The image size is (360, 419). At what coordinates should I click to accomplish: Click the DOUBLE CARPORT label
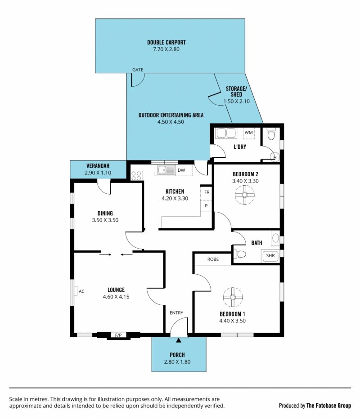pyautogui.click(x=166, y=42)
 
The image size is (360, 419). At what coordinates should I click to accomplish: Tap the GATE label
pyautogui.click(x=138, y=70)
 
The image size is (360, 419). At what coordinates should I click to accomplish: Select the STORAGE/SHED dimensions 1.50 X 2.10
pyautogui.click(x=236, y=101)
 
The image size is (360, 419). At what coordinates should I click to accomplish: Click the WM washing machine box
pyautogui.click(x=248, y=133)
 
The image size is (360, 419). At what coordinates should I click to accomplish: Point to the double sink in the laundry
pyautogui.click(x=226, y=133)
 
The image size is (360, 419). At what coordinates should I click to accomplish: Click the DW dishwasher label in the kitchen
pyautogui.click(x=181, y=170)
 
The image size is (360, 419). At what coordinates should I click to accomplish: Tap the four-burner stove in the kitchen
pyautogui.click(x=136, y=176)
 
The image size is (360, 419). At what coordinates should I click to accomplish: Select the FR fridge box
pyautogui.click(x=206, y=192)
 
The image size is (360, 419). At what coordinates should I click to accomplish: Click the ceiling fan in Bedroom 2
pyautogui.click(x=244, y=195)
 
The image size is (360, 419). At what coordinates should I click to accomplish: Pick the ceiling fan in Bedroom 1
pyautogui.click(x=233, y=297)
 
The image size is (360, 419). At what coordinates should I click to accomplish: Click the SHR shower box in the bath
pyautogui.click(x=270, y=256)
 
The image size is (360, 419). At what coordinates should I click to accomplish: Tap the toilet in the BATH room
pyautogui.click(x=240, y=254)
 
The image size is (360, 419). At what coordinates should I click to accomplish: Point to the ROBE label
pyautogui.click(x=213, y=259)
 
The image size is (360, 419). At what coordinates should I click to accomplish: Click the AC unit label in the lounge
pyautogui.click(x=81, y=291)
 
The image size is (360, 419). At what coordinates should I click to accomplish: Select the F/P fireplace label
pyautogui.click(x=118, y=335)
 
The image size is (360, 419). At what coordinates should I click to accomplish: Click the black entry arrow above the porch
pyautogui.click(x=178, y=340)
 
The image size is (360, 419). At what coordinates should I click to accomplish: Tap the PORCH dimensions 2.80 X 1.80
pyautogui.click(x=177, y=362)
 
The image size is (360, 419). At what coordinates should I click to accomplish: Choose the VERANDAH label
pyautogui.click(x=98, y=166)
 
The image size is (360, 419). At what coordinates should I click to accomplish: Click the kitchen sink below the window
pyautogui.click(x=166, y=170)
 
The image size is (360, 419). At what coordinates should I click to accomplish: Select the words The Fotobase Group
pyautogui.click(x=328, y=406)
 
